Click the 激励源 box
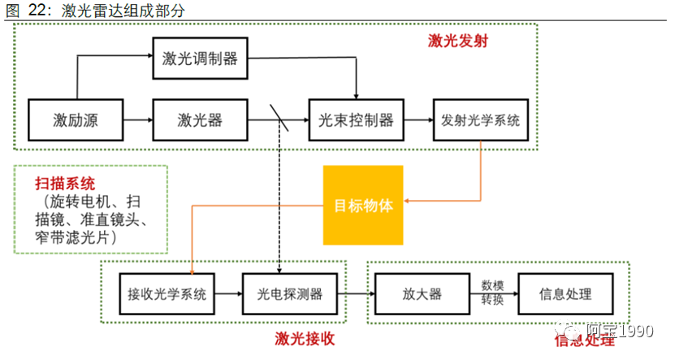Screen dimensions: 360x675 pos(76,120)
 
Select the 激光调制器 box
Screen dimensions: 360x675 pos(200,59)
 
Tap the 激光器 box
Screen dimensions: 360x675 pos(200,120)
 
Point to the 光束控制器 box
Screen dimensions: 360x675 pos(356,120)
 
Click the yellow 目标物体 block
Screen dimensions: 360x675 pos(363,205)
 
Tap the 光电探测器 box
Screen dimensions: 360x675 pos(289,294)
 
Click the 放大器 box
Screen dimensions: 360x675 pos(422,294)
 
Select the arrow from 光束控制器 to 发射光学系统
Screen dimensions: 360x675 pos(418,120)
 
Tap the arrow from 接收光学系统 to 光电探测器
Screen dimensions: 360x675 pos(228,294)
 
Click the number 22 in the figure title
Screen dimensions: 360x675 pos(38,10)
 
